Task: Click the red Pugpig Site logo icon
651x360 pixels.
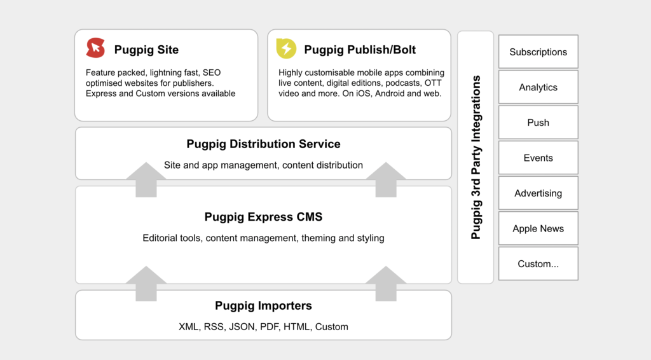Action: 95,48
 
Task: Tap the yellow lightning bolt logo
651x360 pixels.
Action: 287,48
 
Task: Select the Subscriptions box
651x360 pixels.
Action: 538,52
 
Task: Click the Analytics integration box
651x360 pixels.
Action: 538,87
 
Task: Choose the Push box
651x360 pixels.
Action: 538,122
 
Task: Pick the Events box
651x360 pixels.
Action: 538,157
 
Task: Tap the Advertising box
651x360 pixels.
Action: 538,193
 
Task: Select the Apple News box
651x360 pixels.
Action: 538,228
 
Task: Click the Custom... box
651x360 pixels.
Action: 538,263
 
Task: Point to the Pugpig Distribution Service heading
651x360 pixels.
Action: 263,144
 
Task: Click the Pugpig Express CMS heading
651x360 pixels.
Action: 263,217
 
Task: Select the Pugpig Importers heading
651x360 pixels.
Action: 263,305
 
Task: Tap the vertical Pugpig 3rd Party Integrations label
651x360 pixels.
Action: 476,157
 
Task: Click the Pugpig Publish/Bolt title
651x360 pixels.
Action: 360,50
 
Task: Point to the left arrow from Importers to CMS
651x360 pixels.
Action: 146,283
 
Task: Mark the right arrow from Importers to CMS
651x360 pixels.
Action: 386,283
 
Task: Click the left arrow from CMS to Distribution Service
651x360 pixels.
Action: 146,179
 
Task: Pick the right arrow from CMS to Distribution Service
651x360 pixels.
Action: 386,179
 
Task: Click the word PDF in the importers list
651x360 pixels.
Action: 269,327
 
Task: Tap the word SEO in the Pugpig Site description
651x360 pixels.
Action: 212,73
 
